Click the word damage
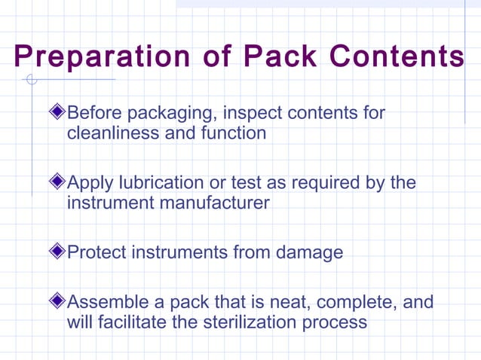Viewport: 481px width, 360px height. click(309, 252)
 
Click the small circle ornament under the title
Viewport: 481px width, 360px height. click(31, 80)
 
